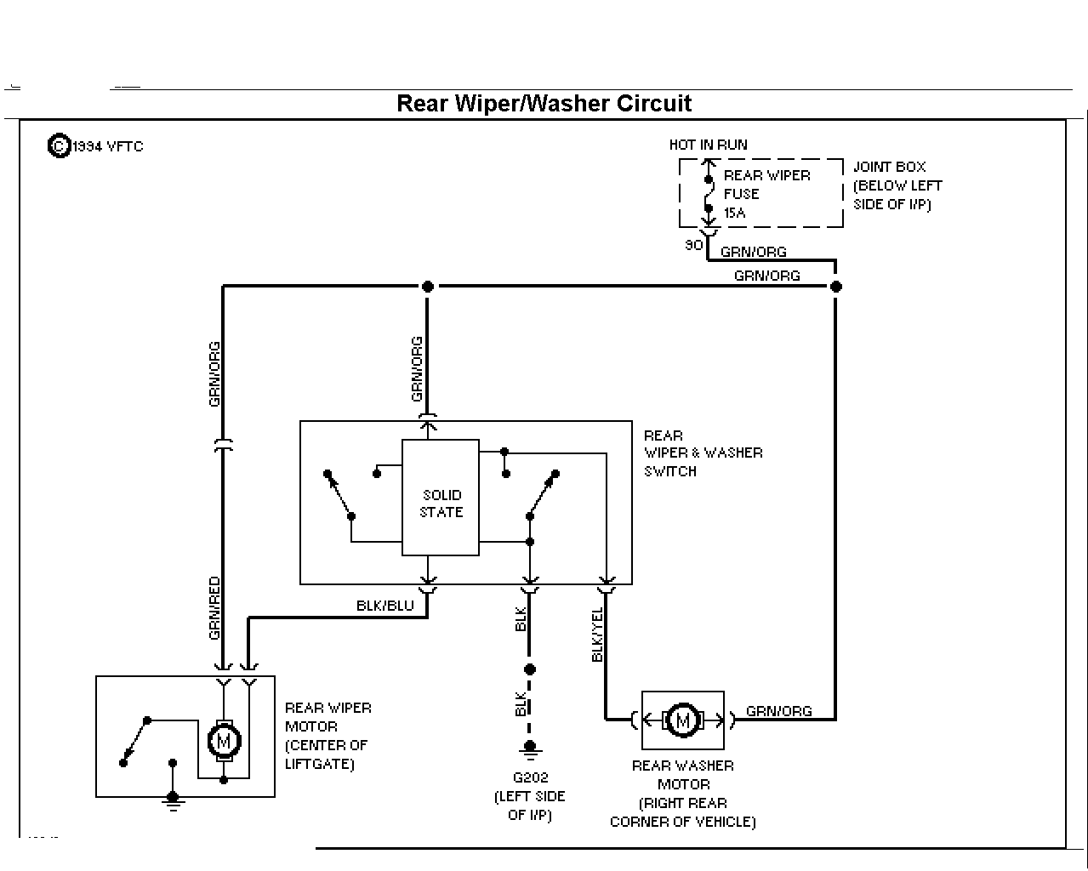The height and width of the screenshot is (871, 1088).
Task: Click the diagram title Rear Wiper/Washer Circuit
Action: tap(544, 104)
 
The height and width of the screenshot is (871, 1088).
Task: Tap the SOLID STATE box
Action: tap(441, 498)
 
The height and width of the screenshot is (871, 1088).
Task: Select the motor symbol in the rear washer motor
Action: tap(683, 720)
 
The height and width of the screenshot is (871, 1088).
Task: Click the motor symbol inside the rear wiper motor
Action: tap(224, 741)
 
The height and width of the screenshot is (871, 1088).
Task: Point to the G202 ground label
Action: tap(530, 777)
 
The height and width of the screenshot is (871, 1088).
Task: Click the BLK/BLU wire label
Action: tap(385, 606)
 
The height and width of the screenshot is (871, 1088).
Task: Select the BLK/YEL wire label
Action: tap(597, 635)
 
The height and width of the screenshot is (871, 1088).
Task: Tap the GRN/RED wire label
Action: tap(214, 608)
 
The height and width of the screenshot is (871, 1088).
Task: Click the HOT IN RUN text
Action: tap(709, 145)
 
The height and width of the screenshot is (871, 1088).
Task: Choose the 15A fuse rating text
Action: tap(735, 213)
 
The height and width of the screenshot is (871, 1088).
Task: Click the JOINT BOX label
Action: tap(889, 167)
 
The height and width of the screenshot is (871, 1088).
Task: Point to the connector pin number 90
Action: tap(693, 245)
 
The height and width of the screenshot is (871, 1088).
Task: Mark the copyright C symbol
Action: tap(60, 146)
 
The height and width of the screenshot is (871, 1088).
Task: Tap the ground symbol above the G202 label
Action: tap(530, 749)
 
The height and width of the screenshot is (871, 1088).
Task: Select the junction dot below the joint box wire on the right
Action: tap(836, 287)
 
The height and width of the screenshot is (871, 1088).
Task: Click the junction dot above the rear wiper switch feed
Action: tap(428, 287)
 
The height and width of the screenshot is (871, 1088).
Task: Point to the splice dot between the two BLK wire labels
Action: tap(530, 669)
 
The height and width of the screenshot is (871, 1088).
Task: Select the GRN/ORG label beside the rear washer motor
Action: tap(779, 711)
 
